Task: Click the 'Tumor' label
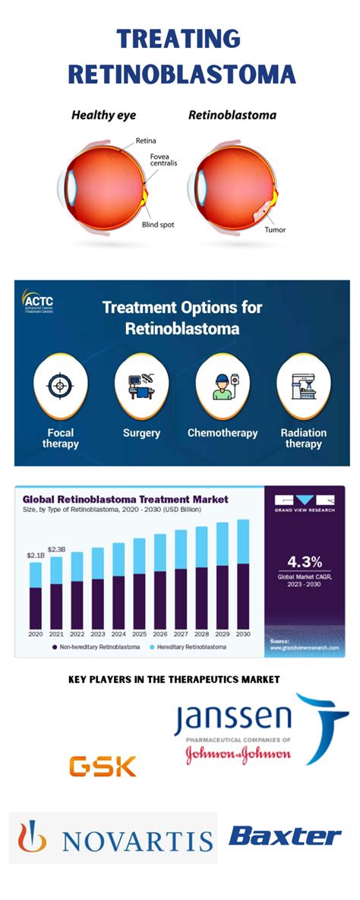(x=275, y=229)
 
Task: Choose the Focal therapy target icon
(x=60, y=387)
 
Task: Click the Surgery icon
(x=141, y=387)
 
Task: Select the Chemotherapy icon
(x=222, y=387)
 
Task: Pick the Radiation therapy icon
(x=303, y=387)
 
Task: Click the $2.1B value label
(x=36, y=556)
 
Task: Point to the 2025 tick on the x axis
(x=139, y=633)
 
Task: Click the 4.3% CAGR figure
(x=304, y=562)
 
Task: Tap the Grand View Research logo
(x=304, y=504)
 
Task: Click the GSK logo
(x=103, y=766)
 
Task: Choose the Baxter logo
(x=285, y=837)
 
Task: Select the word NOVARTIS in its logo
(x=137, y=839)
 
